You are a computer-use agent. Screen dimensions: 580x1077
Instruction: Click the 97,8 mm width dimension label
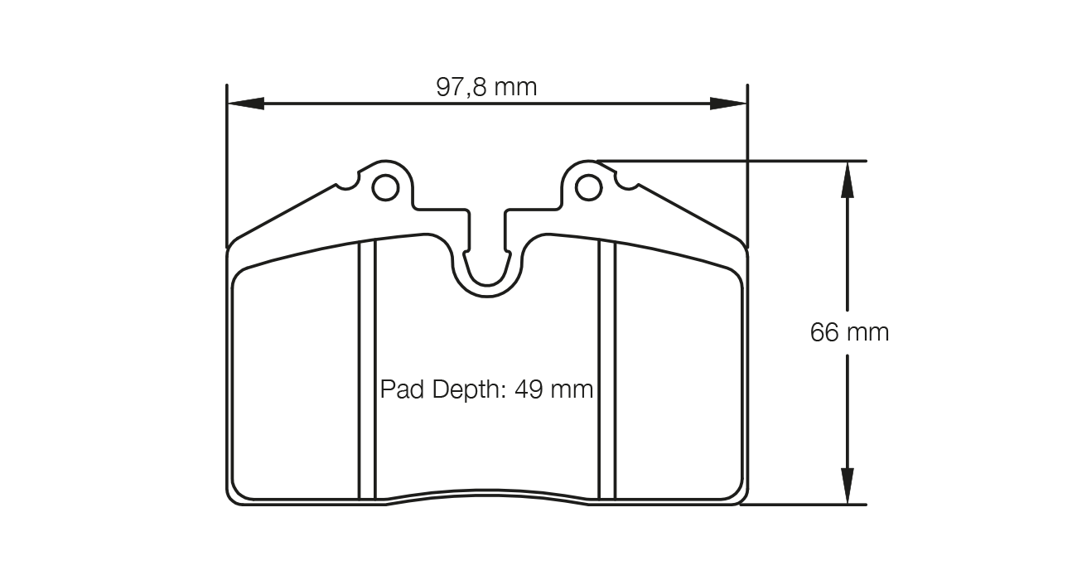[x=486, y=86]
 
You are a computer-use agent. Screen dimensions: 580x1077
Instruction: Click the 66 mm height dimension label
[x=849, y=332]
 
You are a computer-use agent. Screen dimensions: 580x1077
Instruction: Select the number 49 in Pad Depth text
[x=529, y=389]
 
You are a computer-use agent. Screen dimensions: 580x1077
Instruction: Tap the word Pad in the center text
[x=401, y=389]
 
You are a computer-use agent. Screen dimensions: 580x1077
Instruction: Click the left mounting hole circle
[x=385, y=188]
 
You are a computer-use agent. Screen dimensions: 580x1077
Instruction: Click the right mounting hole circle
[x=589, y=188]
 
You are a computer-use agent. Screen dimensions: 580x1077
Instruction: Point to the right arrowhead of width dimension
[x=728, y=104]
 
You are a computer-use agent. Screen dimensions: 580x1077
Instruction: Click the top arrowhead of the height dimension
[x=847, y=179]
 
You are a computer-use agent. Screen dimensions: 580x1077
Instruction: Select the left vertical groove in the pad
[x=367, y=369]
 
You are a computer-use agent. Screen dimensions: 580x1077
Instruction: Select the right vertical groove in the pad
[x=607, y=369]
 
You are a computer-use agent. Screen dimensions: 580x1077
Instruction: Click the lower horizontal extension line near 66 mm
[x=804, y=505]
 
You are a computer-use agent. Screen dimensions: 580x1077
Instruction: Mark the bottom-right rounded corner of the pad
[x=741, y=495]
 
